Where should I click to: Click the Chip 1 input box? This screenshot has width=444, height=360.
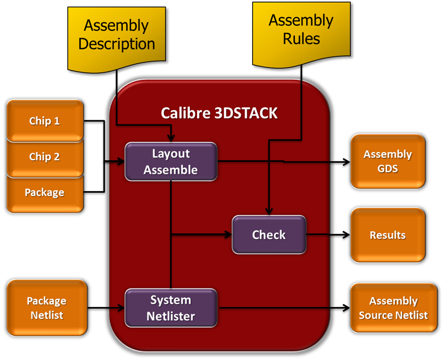44,121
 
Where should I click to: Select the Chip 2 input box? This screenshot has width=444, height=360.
44,157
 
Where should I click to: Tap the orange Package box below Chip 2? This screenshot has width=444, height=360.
44,193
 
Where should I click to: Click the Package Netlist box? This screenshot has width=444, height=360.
46,308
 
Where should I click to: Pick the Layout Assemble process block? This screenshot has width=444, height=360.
171,161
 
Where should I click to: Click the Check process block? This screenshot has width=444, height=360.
269,234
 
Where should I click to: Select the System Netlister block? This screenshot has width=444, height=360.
171,308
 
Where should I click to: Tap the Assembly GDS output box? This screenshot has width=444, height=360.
387,161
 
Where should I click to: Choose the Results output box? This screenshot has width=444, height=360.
387,235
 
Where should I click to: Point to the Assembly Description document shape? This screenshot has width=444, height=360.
116,35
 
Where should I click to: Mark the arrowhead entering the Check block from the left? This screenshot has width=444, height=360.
228,234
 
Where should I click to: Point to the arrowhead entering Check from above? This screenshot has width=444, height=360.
269,212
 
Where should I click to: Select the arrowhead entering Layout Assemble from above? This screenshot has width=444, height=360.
171,138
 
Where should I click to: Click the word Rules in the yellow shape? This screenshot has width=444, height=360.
301,38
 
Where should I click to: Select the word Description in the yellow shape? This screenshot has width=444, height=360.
116,44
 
